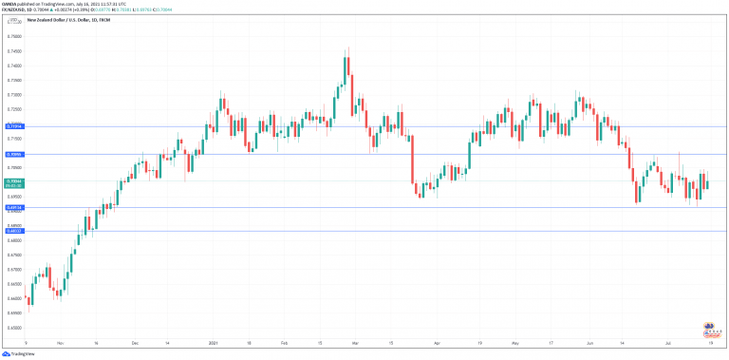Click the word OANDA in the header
click(x=10, y=4)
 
